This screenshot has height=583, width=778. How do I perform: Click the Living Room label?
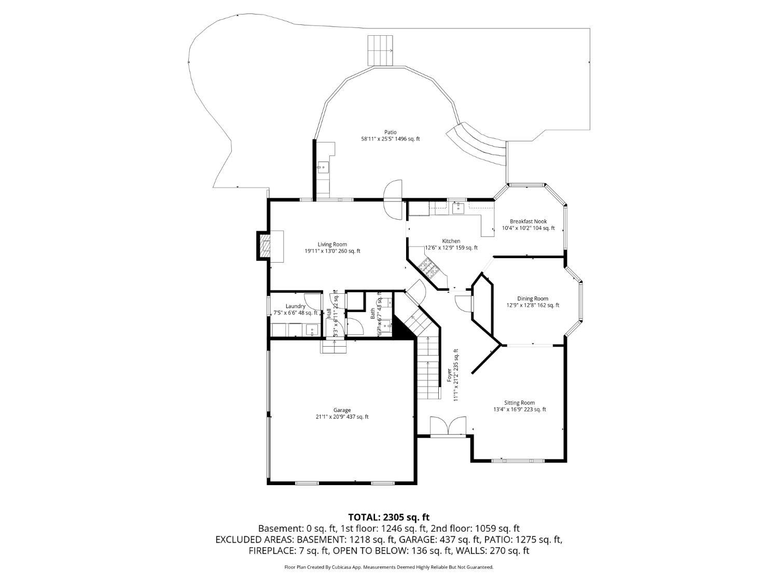(x=332, y=245)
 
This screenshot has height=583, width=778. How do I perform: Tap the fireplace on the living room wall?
(x=265, y=246)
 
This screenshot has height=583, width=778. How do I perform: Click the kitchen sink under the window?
(x=457, y=208)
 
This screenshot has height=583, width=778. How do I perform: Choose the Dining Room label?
(x=533, y=298)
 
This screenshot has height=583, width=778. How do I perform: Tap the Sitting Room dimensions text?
(x=520, y=409)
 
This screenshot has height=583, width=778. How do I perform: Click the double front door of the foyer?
(x=448, y=426)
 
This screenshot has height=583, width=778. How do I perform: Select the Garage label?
(x=342, y=410)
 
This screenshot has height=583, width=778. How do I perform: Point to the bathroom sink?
(x=385, y=326)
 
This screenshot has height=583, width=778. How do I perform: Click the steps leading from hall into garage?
(x=333, y=347)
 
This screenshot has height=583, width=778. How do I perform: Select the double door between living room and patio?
(x=393, y=199)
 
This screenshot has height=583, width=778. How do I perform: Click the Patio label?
(x=390, y=132)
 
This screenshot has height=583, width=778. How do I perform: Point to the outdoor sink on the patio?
(x=323, y=167)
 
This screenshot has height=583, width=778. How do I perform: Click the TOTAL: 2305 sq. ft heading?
(x=388, y=517)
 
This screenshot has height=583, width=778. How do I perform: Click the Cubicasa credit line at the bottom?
(x=388, y=567)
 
